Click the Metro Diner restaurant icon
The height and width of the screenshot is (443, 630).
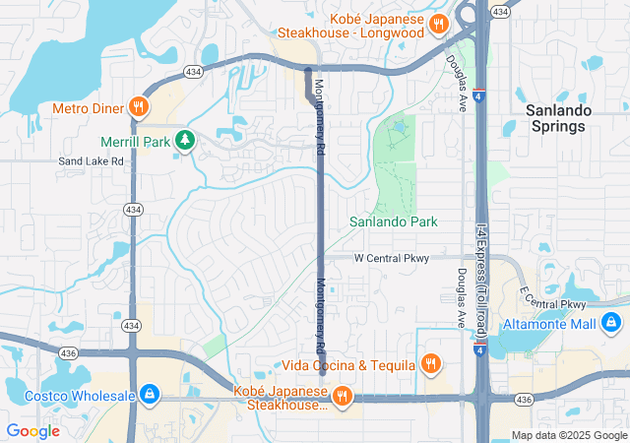[x=139, y=106]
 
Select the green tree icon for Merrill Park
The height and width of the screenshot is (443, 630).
[x=184, y=142]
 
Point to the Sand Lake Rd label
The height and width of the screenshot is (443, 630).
[x=91, y=160]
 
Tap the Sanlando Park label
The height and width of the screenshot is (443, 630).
[x=394, y=222]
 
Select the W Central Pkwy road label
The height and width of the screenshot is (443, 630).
[x=392, y=258]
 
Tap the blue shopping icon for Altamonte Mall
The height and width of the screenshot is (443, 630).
[x=611, y=322]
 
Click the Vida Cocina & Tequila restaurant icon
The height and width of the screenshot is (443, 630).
[x=430, y=365]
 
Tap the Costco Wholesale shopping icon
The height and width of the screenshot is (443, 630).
[x=149, y=395]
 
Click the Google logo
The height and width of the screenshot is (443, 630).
[x=32, y=430]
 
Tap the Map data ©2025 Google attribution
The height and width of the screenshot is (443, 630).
[x=568, y=435]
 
